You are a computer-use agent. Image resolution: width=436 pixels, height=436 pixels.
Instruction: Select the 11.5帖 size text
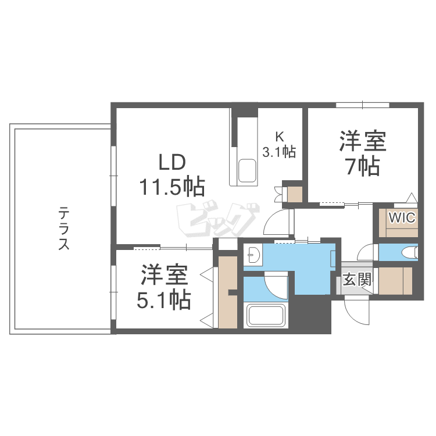(171, 186)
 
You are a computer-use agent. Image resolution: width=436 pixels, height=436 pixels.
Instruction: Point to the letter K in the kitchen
(279, 137)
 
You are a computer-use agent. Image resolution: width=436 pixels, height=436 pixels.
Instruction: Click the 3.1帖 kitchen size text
(280, 152)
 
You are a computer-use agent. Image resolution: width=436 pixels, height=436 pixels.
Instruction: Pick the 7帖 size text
(362, 166)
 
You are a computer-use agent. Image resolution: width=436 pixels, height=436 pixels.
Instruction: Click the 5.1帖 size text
(165, 300)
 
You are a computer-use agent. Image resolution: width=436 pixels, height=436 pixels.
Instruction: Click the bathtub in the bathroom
(266, 315)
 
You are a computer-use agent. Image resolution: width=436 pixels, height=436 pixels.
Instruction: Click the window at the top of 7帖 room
(362, 105)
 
